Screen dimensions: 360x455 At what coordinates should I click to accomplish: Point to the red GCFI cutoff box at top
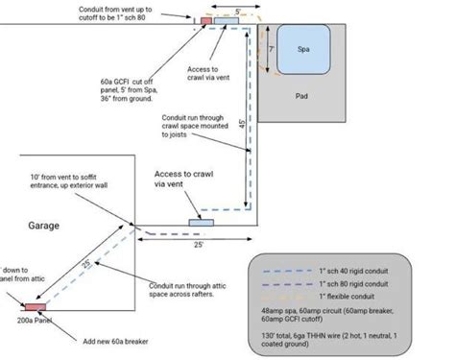[x=206, y=19]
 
